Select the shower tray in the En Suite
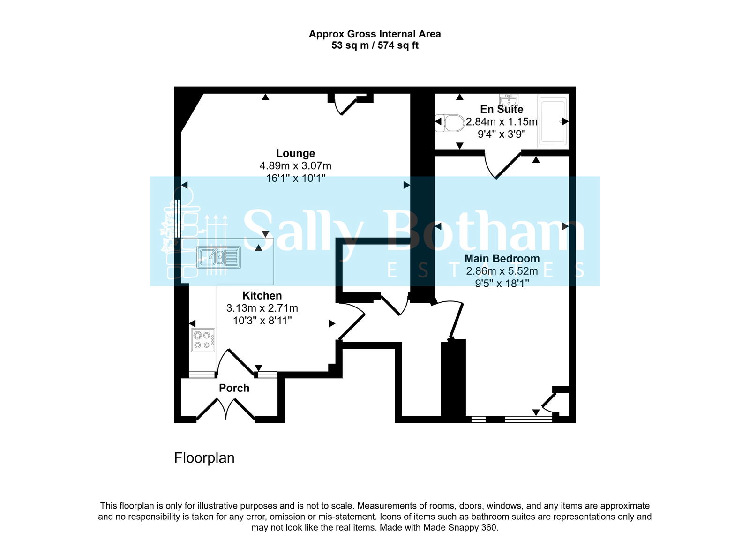point(554,121)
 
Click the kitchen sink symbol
point(219,257)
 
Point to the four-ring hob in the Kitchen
point(203,340)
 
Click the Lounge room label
point(295,153)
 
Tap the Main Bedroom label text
point(502,258)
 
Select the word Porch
point(234,388)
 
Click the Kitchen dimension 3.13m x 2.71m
point(262,308)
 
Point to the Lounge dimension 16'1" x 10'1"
point(295,178)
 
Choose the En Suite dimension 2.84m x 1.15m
point(502,122)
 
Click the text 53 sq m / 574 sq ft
point(375,45)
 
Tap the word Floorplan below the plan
point(204,458)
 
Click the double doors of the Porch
point(226,409)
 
